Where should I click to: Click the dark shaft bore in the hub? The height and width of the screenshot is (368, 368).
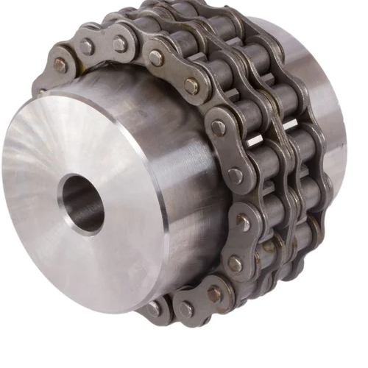tap(82, 197)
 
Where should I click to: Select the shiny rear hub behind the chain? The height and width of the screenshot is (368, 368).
tap(324, 110)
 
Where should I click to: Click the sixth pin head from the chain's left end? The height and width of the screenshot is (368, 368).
tap(219, 127)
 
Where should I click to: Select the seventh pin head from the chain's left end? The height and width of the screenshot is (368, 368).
tap(235, 175)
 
